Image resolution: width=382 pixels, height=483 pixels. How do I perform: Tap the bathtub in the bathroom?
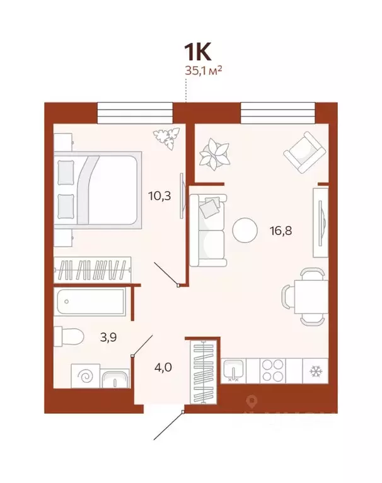coord(93,303)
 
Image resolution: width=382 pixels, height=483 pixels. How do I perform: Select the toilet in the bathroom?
coord(68,337)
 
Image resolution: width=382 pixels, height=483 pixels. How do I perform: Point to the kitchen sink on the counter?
coord(233,370)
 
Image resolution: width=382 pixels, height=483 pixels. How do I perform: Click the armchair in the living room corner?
coord(304,152)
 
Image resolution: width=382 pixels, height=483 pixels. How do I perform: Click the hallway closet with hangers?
coord(204,372)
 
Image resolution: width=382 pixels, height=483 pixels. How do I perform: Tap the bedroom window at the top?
coord(134,113)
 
